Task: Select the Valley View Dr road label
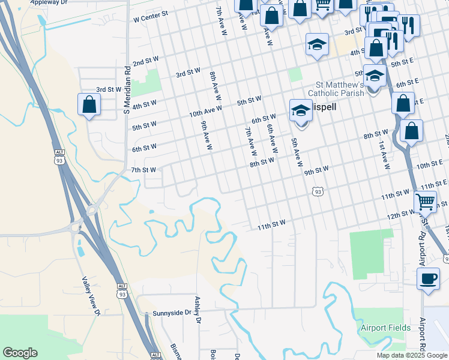pyautogui.click(x=91, y=295)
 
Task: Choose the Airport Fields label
pyautogui.click(x=385, y=328)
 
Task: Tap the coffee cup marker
pyautogui.click(x=428, y=278)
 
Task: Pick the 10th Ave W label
pyautogui.click(x=205, y=111)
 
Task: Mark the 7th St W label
pyautogui.click(x=144, y=170)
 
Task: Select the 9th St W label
pyautogui.click(x=316, y=170)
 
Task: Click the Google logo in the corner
pyautogui.click(x=20, y=353)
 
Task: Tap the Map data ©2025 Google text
pyautogui.click(x=412, y=355)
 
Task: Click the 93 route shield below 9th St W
pyautogui.click(x=318, y=191)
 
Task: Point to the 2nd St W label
pyautogui.click(x=145, y=62)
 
